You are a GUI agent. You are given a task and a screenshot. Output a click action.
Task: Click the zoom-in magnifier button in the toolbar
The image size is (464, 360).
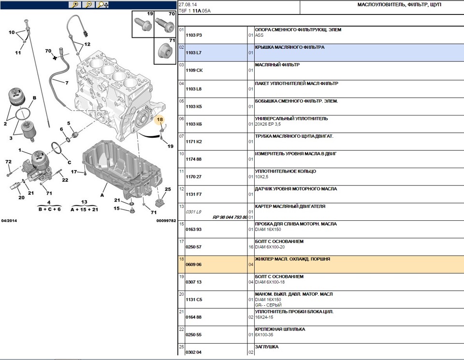pyautogui.click(x=75, y=4)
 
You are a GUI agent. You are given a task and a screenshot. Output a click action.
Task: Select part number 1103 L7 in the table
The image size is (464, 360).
pyautogui.click(x=193, y=53)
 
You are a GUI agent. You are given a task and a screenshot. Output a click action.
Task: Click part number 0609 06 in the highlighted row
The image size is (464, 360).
pyautogui.click(x=193, y=264)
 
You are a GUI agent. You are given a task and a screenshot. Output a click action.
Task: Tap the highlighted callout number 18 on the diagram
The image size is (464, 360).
pyautogui.click(x=160, y=119)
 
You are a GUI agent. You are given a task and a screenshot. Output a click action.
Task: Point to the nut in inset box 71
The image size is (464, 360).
pyautogui.click(x=164, y=51)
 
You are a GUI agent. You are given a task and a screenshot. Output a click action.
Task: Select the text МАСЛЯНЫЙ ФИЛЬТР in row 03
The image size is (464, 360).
pyautogui.click(x=277, y=65)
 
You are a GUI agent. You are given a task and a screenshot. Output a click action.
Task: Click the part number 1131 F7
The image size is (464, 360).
pyautogui.click(x=193, y=194)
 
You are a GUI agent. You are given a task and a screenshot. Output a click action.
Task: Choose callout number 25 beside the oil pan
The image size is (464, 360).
pyautogui.click(x=168, y=189)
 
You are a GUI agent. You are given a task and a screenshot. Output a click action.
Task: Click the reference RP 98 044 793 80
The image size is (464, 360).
pyautogui.click(x=230, y=217)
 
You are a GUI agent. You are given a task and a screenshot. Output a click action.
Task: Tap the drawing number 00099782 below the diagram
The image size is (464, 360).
pyautogui.click(x=166, y=221)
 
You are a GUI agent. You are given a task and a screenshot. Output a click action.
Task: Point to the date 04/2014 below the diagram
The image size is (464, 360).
pyautogui.click(x=9, y=221)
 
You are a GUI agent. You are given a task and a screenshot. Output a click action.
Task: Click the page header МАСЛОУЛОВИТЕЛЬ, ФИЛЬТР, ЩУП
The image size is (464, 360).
pyautogui.click(x=399, y=5)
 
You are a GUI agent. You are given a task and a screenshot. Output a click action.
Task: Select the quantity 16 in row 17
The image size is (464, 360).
pyautogui.click(x=251, y=247)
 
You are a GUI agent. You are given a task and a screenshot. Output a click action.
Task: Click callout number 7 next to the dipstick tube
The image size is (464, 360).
pyautogui.click(x=67, y=83)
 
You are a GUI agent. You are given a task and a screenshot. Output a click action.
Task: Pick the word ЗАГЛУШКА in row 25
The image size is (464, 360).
pyautogui.click(x=267, y=346)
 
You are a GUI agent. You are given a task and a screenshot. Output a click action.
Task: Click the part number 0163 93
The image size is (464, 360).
pyautogui.click(x=193, y=230)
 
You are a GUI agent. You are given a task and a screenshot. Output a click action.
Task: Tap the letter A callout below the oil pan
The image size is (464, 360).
pyautogui.click(x=102, y=195)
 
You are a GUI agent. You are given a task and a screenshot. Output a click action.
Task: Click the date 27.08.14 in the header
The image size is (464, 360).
pyautogui.click(x=188, y=5)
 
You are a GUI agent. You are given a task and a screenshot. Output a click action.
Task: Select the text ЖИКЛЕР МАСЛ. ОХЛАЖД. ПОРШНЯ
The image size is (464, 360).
pyautogui.click(x=292, y=259)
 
